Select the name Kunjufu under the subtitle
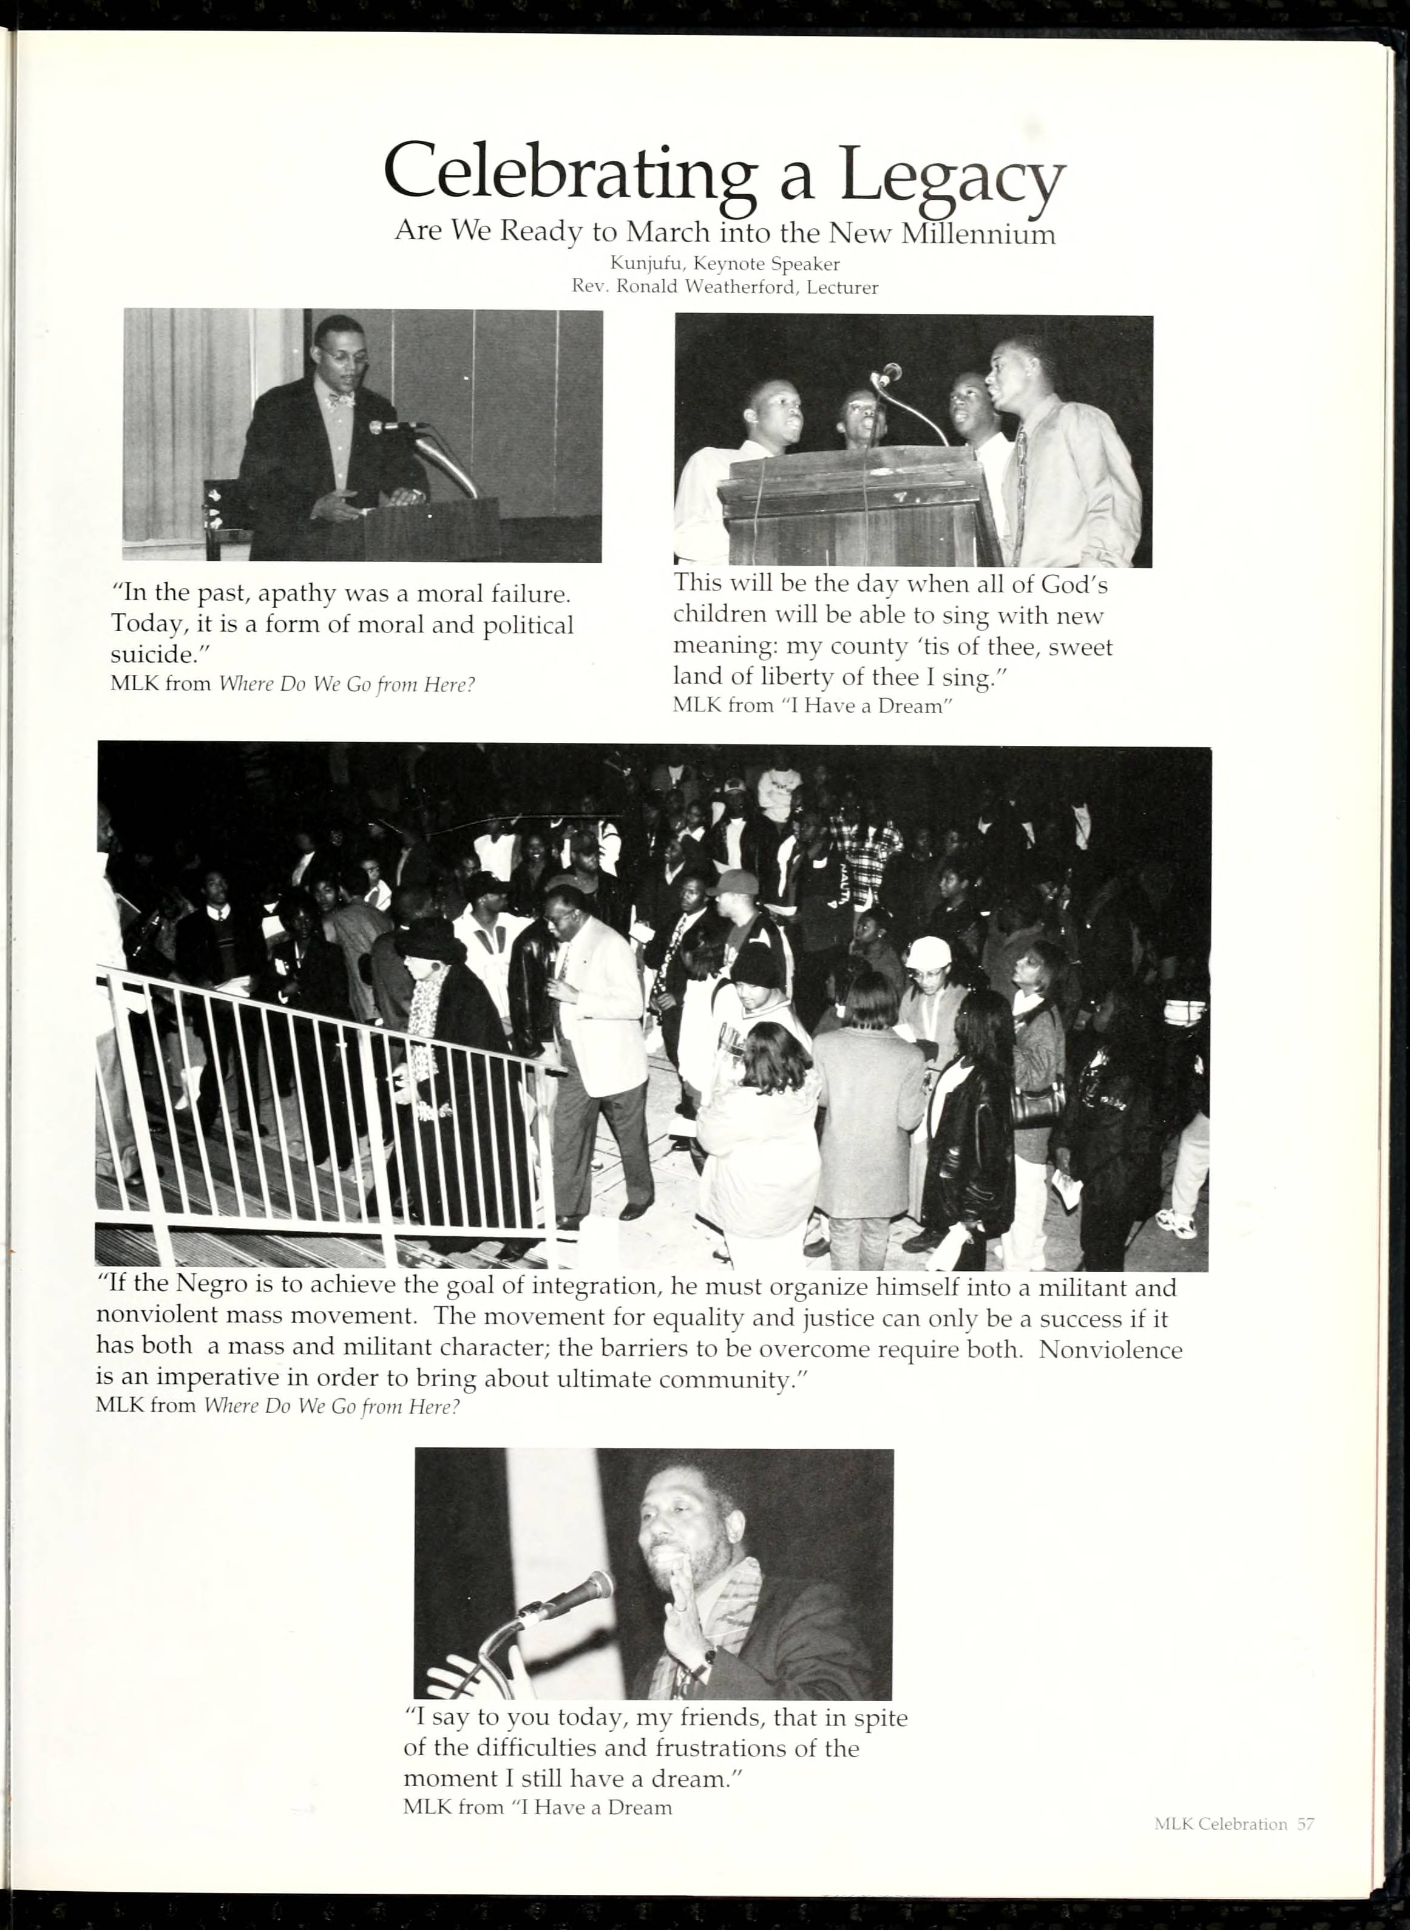(x=642, y=265)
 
